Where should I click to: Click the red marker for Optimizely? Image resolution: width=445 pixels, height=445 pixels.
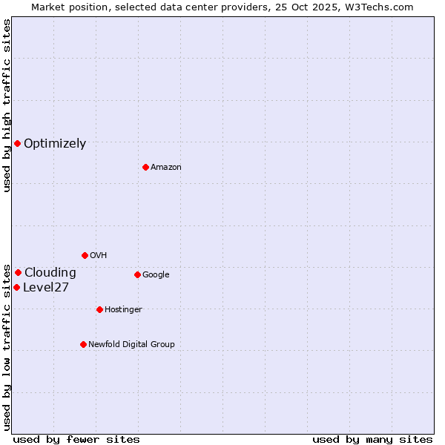pos(17,143)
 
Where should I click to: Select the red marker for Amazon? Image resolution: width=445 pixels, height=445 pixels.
pos(145,167)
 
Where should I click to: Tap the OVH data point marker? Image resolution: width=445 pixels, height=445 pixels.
pos(85,255)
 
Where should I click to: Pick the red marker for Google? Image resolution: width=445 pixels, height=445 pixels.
pos(137,274)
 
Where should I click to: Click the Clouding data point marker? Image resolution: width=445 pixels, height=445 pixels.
pos(18,272)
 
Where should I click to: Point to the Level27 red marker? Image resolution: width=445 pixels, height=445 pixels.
pos(16,287)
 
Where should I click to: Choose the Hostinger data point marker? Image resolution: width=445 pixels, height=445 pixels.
pos(99,309)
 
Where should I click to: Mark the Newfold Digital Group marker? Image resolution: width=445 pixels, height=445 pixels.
pos(83,344)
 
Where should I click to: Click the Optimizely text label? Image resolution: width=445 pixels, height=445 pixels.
pos(55,144)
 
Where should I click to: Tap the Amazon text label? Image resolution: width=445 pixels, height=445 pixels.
pos(166,168)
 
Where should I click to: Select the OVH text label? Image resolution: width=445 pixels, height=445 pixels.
pos(99,256)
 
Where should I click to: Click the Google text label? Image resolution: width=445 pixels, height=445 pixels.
pos(156,275)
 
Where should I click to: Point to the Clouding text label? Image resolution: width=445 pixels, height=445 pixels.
pos(50,273)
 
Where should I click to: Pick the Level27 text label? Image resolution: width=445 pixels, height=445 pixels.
pos(46,288)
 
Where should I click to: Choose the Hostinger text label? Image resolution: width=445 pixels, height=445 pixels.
pos(123,310)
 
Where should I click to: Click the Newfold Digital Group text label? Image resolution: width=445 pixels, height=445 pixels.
pos(131,345)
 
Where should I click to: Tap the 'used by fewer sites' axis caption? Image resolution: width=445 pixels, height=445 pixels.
pos(76,439)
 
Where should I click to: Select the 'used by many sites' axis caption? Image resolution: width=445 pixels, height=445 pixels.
pos(372,439)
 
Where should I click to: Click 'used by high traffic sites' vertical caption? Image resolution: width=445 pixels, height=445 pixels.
pos(7,105)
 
